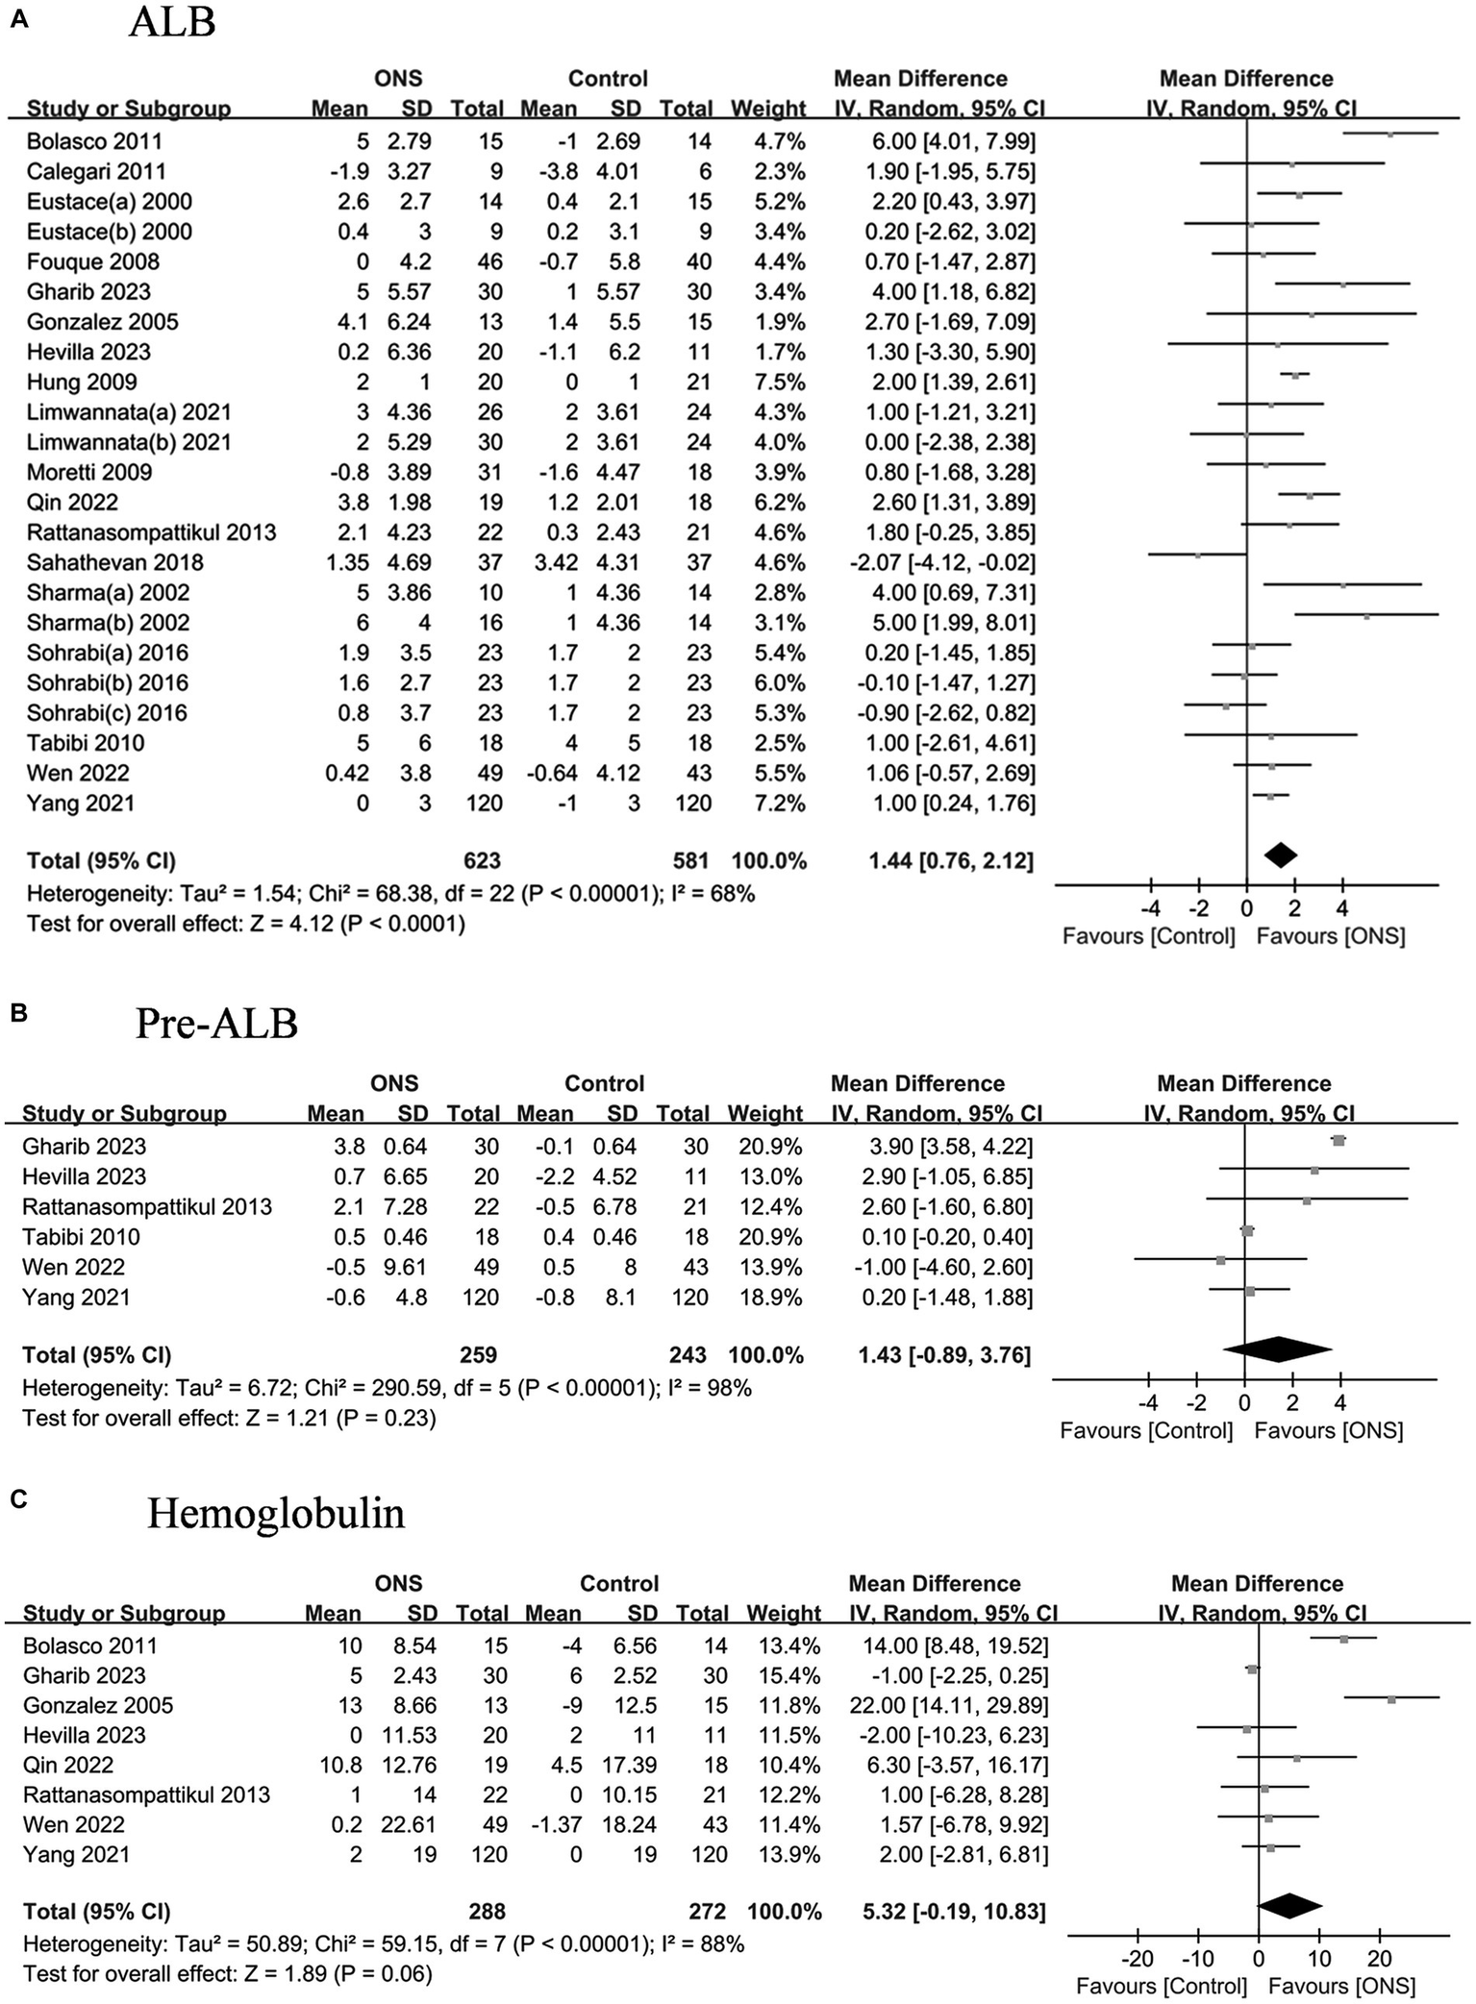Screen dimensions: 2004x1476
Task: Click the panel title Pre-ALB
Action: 216,1024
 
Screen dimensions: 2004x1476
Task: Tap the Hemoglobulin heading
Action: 276,1514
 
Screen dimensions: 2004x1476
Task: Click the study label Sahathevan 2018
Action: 114,562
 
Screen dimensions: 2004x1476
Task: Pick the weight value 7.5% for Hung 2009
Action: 781,382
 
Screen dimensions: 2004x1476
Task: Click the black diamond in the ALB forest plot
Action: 1281,854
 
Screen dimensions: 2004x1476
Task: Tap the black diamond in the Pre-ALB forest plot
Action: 1277,1349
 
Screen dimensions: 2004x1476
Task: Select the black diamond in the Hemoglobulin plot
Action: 1289,1906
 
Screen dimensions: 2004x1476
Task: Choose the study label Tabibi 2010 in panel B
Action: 81,1237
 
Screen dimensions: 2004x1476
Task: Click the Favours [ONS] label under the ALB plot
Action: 1331,936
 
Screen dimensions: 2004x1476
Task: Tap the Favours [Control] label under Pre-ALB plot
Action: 1145,1430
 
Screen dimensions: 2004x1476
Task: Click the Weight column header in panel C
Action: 783,1613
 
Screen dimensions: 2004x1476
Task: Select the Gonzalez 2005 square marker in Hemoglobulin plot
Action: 1391,1699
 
